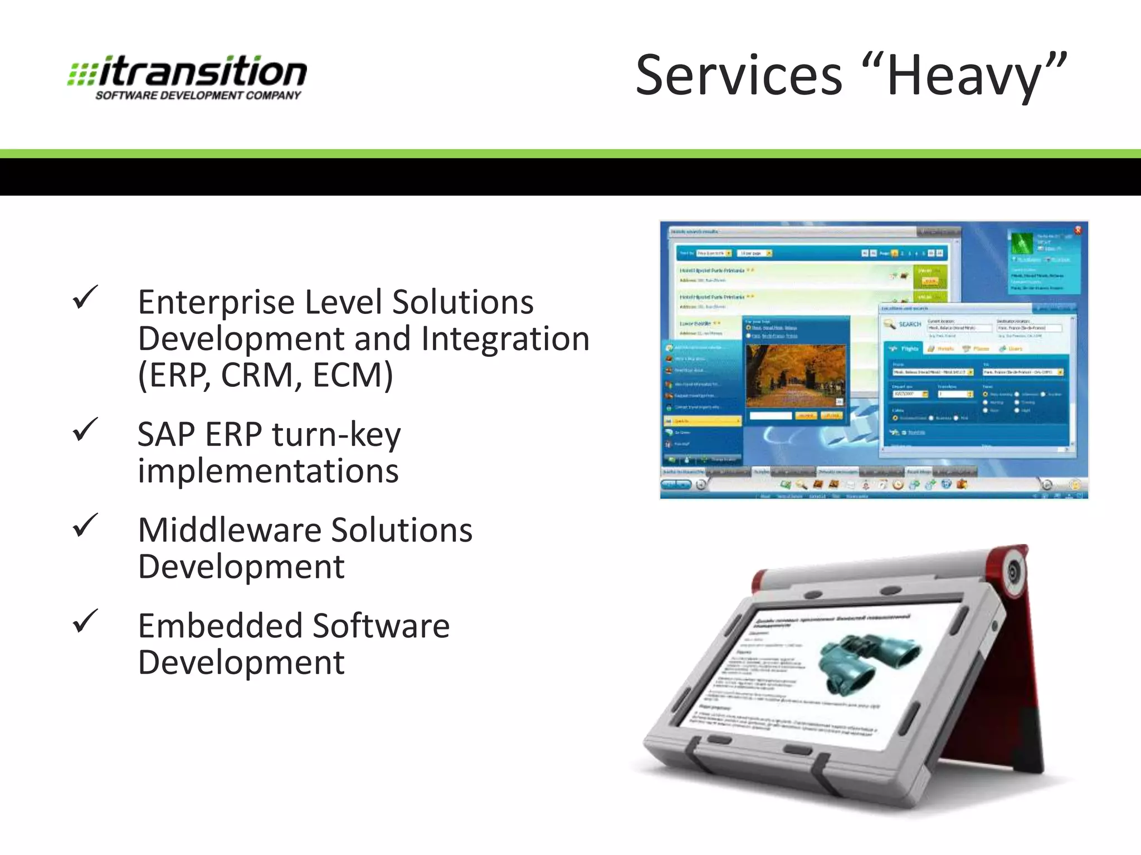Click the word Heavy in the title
point(964,77)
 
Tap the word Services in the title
point(739,76)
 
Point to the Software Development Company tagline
point(198,96)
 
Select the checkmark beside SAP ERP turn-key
point(85,430)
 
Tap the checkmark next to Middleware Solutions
point(85,525)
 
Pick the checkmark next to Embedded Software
point(85,621)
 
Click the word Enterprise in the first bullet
point(216,303)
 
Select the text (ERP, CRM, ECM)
point(265,375)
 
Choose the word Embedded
point(212,626)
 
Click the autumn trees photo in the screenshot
point(796,375)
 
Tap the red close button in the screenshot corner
point(1077,230)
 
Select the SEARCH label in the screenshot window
point(910,324)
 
